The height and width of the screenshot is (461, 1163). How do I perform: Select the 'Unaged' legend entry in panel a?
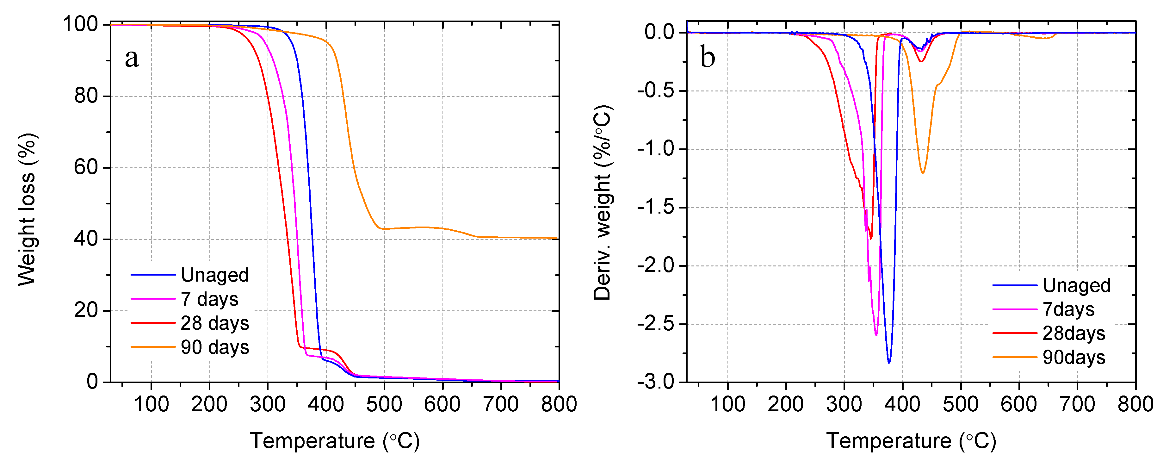tap(214, 275)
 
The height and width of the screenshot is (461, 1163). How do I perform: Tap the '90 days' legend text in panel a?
tap(215, 347)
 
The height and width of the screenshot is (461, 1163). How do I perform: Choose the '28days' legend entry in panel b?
tap(1073, 333)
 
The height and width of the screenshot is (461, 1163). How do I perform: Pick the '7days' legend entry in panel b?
tap(1068, 309)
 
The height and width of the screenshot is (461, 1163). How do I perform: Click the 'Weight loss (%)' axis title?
tap(27, 209)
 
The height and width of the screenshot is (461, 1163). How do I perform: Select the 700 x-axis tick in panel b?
tap(1077, 404)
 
